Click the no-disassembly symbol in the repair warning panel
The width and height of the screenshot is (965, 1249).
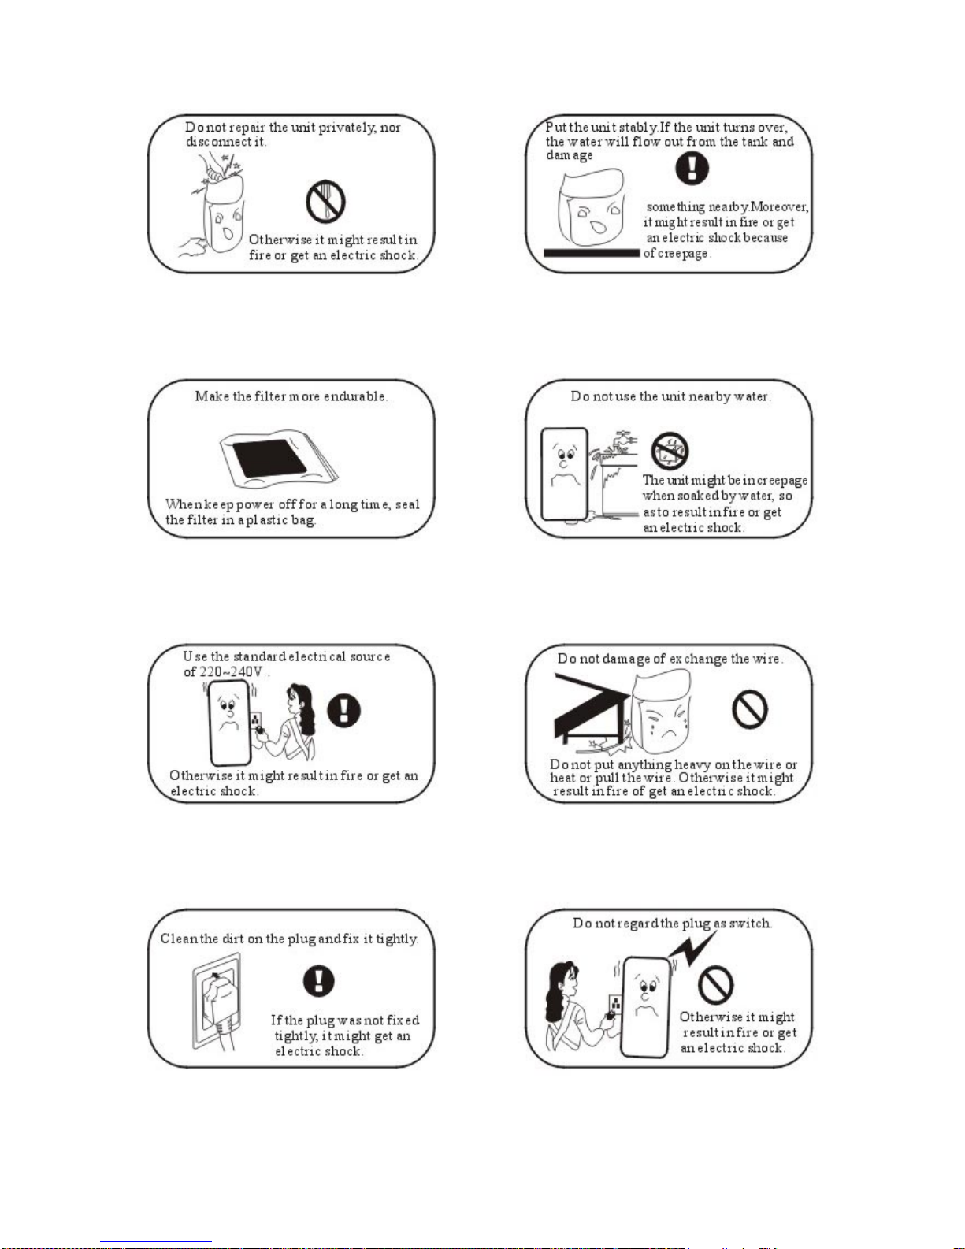click(325, 202)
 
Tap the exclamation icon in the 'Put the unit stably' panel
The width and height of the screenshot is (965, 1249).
click(692, 168)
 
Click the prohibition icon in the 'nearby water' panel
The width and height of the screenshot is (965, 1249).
click(670, 451)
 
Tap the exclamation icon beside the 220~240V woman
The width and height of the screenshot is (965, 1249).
click(344, 710)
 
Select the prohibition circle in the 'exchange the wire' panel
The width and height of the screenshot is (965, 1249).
click(750, 708)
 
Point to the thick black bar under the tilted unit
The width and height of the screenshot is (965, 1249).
click(591, 253)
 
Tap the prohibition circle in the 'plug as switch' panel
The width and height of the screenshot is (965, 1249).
click(716, 984)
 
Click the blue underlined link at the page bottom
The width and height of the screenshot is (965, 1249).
click(156, 1242)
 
